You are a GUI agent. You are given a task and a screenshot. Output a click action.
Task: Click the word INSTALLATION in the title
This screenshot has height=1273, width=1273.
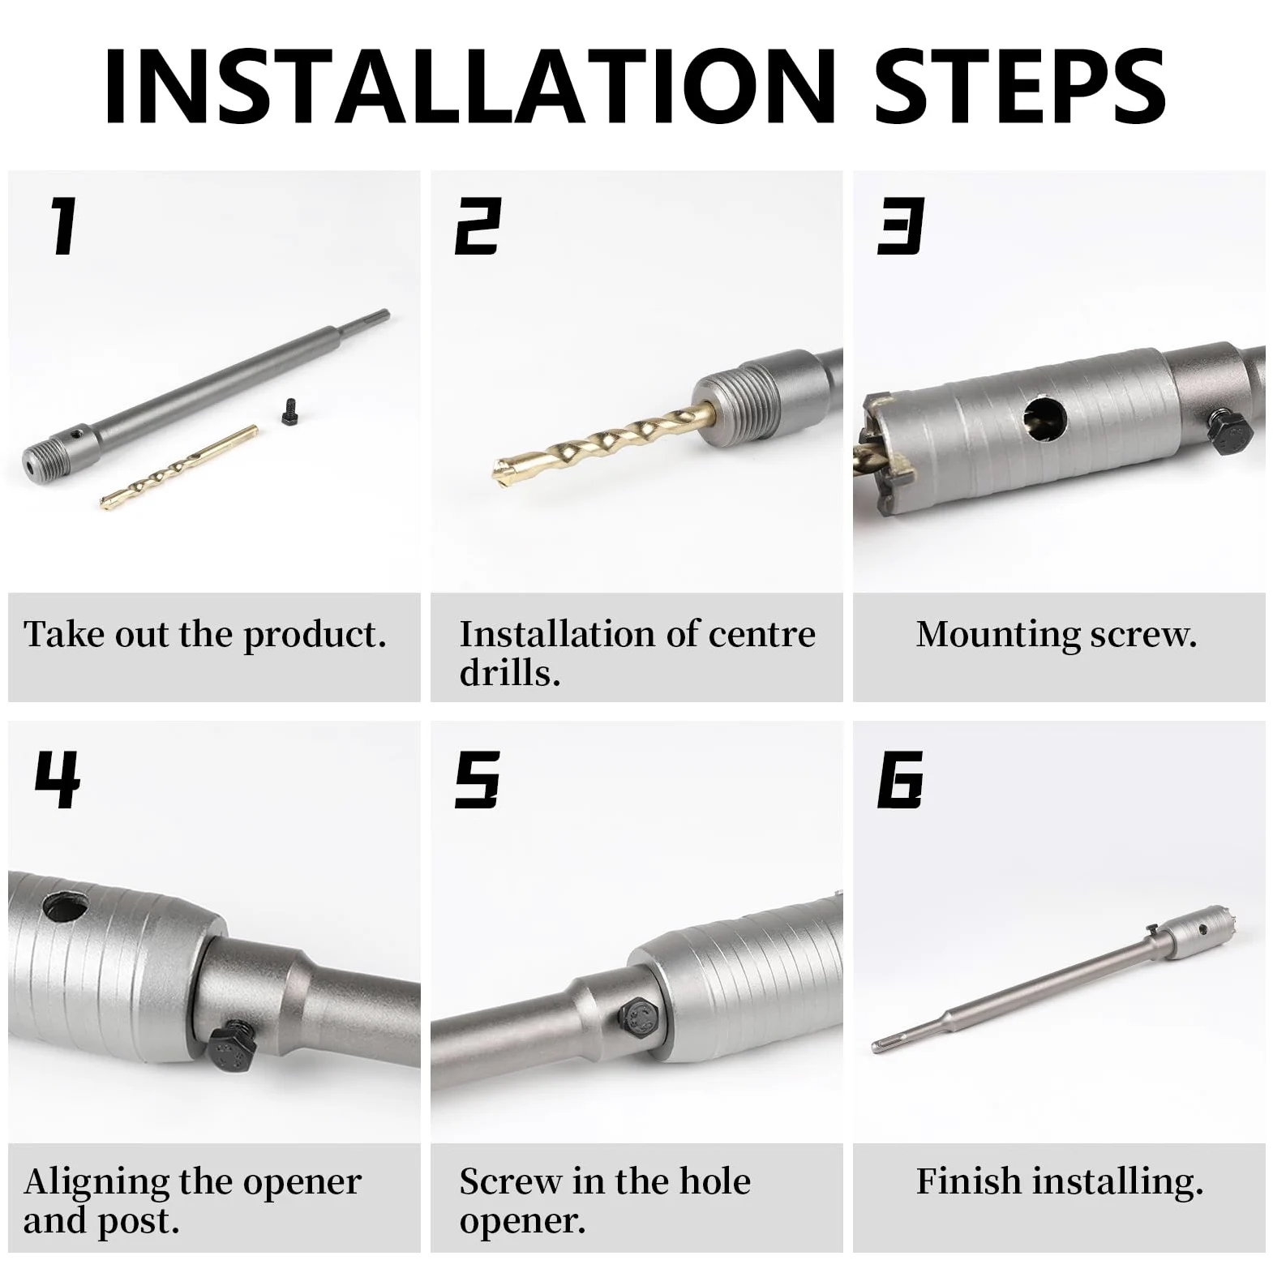pos(469,87)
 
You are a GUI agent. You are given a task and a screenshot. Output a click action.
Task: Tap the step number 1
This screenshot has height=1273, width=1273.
pos(63,227)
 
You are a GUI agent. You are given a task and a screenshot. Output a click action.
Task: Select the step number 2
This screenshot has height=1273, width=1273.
pos(478,227)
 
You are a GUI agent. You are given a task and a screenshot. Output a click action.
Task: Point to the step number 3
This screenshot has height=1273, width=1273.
pos(901,227)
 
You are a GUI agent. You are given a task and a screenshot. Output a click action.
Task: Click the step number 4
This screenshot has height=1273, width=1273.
pos(57,779)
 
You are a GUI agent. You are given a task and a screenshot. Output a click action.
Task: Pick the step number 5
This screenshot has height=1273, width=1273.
pos(477,779)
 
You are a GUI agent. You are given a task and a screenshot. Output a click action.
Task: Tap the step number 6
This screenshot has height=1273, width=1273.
pos(901,779)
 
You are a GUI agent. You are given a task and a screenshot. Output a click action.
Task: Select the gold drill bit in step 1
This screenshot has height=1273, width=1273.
pos(178,468)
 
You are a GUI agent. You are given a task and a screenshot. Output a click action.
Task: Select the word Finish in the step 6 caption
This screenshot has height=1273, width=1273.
pos(967,1181)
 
